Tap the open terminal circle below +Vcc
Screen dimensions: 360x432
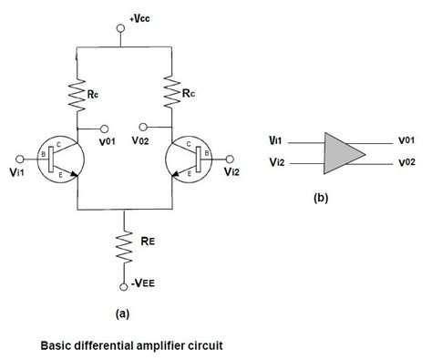121,29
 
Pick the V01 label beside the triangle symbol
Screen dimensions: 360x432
407,141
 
